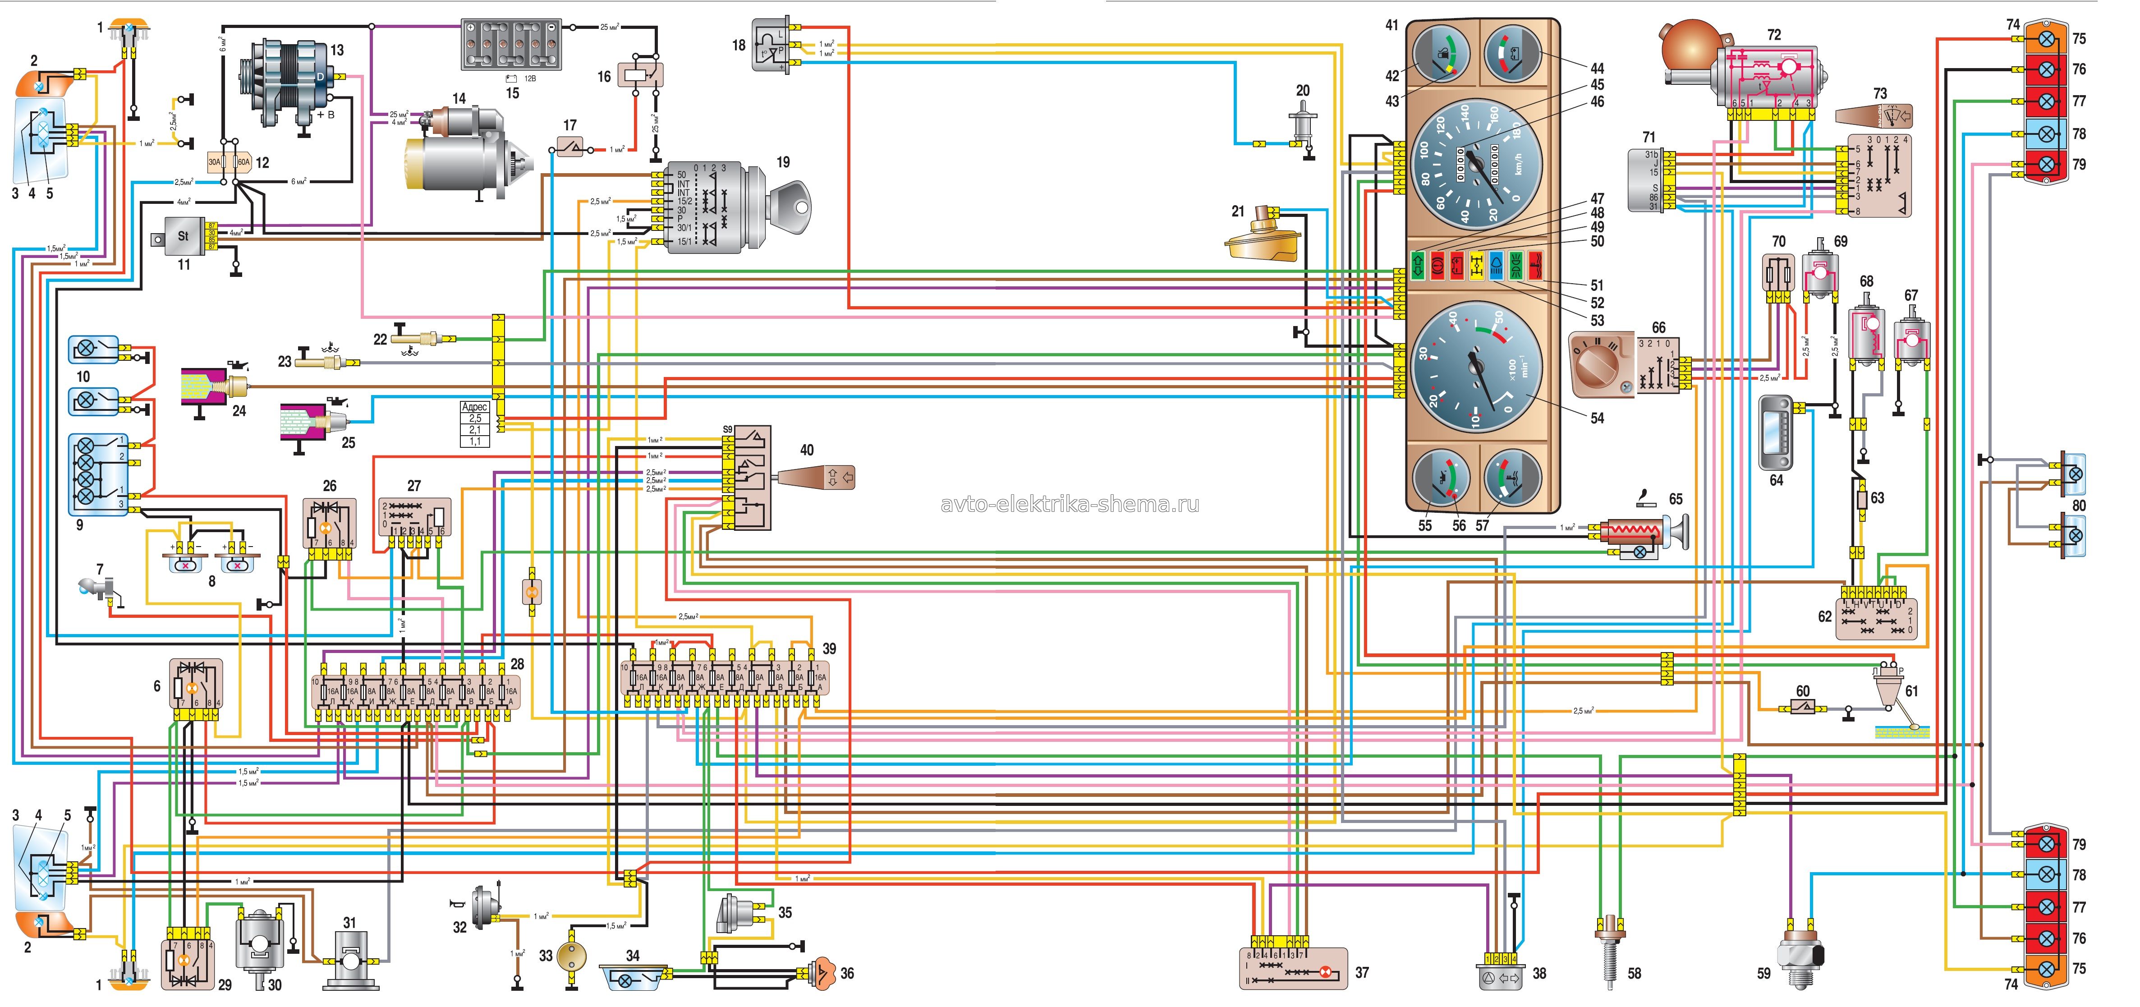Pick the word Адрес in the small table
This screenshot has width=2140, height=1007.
point(474,407)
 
